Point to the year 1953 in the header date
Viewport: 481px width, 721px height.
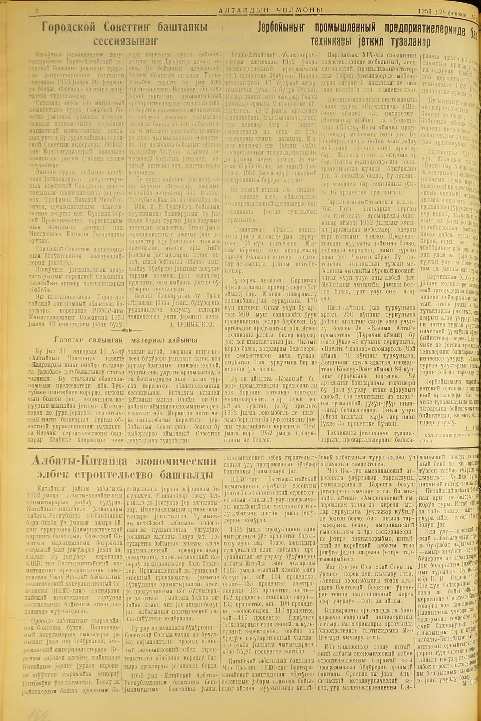pos(425,11)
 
